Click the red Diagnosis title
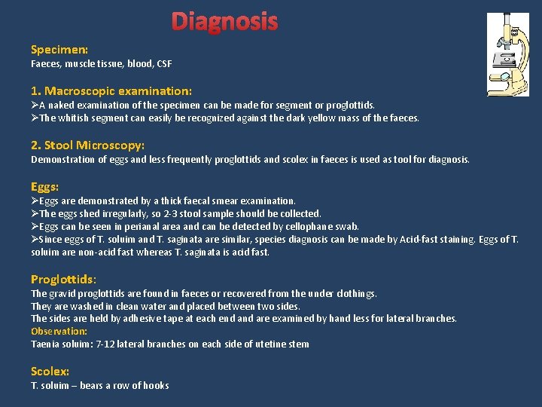click(224, 22)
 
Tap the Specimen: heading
click(59, 50)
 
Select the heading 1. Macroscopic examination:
click(111, 90)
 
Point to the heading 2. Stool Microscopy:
click(87, 145)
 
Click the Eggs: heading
click(45, 186)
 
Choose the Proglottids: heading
click(63, 279)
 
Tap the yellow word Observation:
click(59, 331)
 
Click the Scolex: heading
click(50, 372)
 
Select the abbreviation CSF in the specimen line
click(164, 64)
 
